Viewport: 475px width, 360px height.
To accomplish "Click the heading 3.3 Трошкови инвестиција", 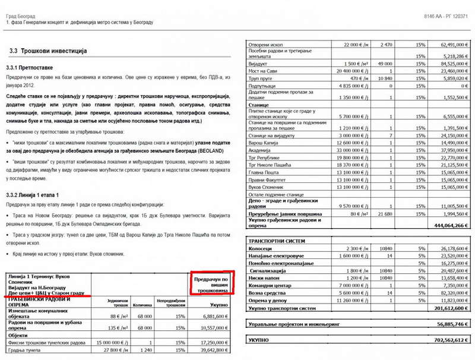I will point(48,51).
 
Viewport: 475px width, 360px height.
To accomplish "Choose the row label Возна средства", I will point(267,293).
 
